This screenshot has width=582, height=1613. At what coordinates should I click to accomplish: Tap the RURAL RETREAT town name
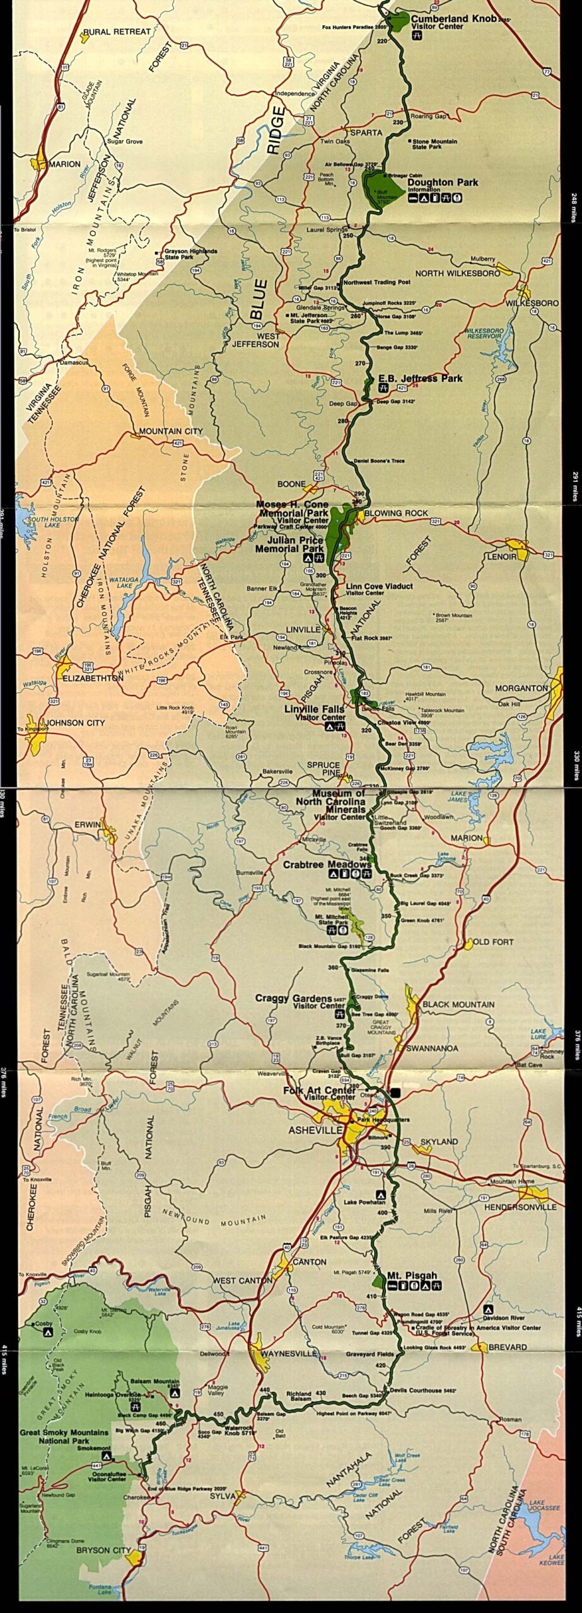[117, 32]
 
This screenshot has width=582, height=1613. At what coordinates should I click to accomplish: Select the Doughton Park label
[443, 183]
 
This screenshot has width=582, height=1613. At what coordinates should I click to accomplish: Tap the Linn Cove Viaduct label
[380, 586]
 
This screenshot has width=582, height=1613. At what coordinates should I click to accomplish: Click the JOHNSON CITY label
[75, 722]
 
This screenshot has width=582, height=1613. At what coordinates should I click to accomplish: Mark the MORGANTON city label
[521, 688]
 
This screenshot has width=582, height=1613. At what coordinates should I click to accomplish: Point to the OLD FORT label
[493, 942]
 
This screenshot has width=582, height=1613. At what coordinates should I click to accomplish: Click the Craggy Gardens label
[293, 999]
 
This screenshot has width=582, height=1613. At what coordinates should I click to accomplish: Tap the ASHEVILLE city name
[315, 1130]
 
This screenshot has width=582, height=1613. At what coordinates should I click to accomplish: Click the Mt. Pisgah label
[412, 1275]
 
